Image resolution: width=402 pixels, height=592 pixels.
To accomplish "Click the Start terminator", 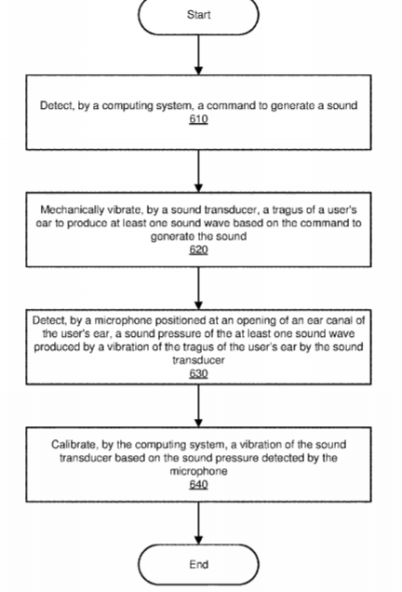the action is pos(198,15).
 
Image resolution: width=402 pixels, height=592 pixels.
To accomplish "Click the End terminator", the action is pos(198,564).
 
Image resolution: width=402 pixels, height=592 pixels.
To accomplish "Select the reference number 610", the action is pos(198,119).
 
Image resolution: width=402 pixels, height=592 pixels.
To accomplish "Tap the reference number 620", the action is pos(198,249).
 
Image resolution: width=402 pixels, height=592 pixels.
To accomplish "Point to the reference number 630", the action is pos(198,373).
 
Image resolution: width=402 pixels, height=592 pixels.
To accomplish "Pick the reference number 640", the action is pos(198,484).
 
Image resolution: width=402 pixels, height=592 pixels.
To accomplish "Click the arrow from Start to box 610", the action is pos(198,55).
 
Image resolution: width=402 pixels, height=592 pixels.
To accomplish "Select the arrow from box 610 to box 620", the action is pos(198,171).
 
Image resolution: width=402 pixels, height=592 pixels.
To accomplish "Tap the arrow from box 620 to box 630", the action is pos(198,289).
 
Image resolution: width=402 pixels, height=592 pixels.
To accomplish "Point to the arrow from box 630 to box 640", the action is pos(198,406).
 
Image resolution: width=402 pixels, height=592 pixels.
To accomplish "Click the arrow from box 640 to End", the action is pos(198,523).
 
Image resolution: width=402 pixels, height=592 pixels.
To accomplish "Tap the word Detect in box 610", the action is pos(57,105).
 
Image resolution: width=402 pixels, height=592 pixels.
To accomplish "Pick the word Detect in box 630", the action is pos(49,320).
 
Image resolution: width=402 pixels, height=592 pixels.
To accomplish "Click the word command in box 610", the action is pos(230,105).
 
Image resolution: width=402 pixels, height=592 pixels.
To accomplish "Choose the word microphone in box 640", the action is pos(198,471).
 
